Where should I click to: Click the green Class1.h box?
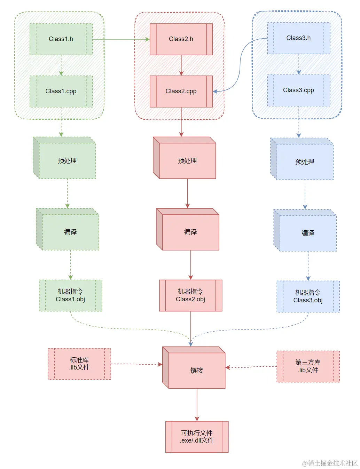pos(61,39)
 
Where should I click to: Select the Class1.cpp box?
pos(61,91)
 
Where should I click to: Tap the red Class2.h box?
pos(181,39)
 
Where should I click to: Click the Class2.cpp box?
pos(181,91)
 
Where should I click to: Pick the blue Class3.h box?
pos(298,38)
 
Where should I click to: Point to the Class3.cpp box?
pos(298,90)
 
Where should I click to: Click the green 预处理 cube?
pos(67,160)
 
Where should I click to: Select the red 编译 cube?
pos(190,232)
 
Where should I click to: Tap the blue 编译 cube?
pos(307,233)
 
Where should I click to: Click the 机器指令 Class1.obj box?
pos(70,295)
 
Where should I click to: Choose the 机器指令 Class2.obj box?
pos(190,295)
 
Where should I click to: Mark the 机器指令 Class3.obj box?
pos(308,296)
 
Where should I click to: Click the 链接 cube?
pos(196,370)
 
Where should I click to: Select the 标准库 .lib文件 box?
pos(79,364)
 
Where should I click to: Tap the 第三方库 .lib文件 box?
pos(308,366)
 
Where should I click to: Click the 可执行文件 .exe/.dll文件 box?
pos(197,437)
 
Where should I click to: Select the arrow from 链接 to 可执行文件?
pos(197,404)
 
